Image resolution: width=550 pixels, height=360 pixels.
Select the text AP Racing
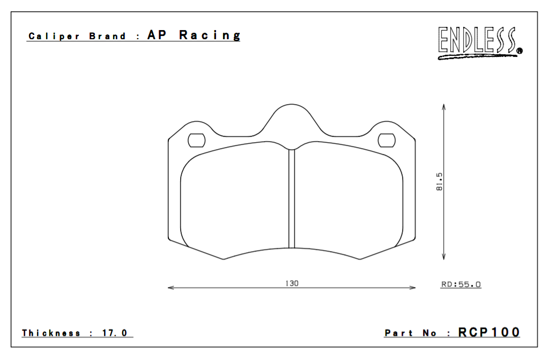point(194,35)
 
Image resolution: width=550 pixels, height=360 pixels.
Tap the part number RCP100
point(489,333)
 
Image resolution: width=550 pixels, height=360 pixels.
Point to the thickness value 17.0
point(115,333)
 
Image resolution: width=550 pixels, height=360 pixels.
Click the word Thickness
point(51,333)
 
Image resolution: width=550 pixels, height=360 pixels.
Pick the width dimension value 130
point(292,283)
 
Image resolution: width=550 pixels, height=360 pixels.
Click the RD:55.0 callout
point(460,284)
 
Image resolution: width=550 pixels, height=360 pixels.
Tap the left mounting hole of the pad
point(196,140)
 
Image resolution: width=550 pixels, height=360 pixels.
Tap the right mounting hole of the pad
point(386,140)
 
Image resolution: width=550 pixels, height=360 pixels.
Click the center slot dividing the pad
point(292,199)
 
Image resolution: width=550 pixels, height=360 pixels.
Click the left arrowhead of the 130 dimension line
point(171,288)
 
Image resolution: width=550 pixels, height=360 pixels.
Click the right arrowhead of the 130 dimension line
point(413,288)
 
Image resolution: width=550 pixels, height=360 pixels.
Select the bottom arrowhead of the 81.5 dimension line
point(444,257)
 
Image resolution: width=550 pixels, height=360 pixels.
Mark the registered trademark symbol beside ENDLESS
point(519,52)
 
